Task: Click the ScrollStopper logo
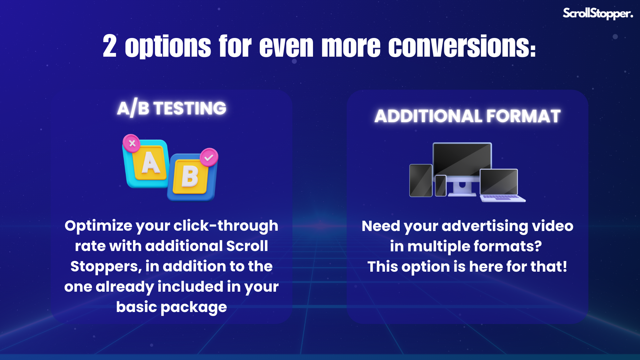tap(598, 13)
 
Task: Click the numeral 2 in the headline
tap(110, 46)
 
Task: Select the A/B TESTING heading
tap(172, 108)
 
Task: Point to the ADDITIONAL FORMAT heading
tap(467, 116)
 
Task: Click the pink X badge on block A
tap(132, 144)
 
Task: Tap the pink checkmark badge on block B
tap(209, 157)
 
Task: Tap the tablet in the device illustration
tap(421, 180)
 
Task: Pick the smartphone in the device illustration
tap(441, 186)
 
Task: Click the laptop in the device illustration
tap(502, 186)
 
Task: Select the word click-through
tap(226, 226)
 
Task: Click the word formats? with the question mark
tap(508, 247)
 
